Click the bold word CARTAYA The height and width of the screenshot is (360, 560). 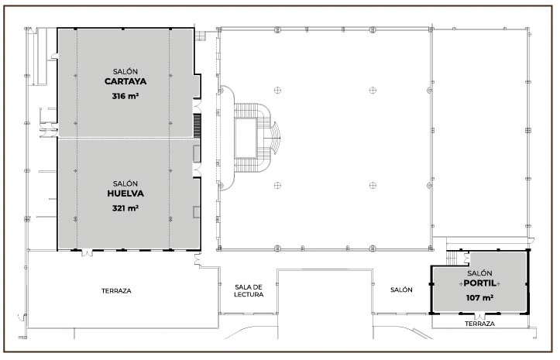tap(125, 81)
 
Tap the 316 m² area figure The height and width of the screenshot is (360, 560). tap(125, 96)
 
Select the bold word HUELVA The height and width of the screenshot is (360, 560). tap(125, 194)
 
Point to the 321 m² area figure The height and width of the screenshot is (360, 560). tap(125, 207)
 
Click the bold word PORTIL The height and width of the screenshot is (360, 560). tap(479, 283)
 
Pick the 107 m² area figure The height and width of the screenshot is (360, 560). tap(479, 297)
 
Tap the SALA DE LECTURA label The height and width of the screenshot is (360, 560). tap(249, 291)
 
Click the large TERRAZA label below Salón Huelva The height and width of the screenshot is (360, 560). tap(116, 291)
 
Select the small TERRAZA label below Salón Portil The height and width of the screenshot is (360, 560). tap(479, 324)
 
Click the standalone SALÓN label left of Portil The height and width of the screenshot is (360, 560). tap(401, 290)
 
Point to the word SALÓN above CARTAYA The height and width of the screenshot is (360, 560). tap(125, 71)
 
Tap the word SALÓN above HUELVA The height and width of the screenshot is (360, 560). tap(125, 183)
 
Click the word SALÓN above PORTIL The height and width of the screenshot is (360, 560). tap(479, 273)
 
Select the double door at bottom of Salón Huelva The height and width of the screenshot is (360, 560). tap(87, 252)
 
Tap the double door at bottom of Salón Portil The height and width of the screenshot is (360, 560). tap(479, 316)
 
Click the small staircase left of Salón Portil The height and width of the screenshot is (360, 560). tap(452, 258)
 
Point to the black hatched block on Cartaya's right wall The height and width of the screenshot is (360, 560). tap(198, 125)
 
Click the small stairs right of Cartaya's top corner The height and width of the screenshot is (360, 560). tap(201, 36)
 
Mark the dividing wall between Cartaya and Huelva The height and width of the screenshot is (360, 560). tap(125, 138)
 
